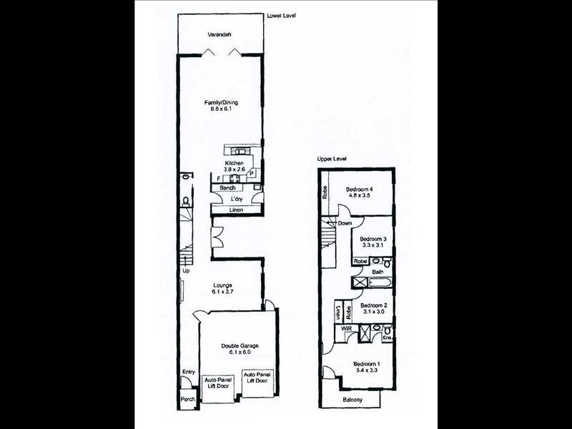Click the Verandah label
pyautogui.click(x=220, y=34)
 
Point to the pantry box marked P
pyautogui.click(x=252, y=173)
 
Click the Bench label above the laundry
pyautogui.click(x=228, y=187)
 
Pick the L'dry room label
pyautogui.click(x=237, y=199)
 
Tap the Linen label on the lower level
pyautogui.click(x=236, y=210)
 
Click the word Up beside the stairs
pyautogui.click(x=186, y=272)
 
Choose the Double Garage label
pyautogui.click(x=240, y=346)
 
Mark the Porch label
pyautogui.click(x=187, y=399)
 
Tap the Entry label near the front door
pyautogui.click(x=188, y=372)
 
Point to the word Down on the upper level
pyautogui.click(x=345, y=223)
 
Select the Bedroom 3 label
pyautogui.click(x=373, y=239)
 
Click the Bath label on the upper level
pyautogui.click(x=378, y=272)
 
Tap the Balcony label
pyautogui.click(x=351, y=400)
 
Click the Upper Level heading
pyautogui.click(x=332, y=159)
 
